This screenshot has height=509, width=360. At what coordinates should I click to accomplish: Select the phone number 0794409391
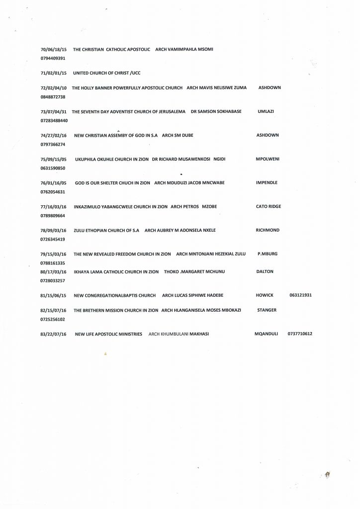[53, 59]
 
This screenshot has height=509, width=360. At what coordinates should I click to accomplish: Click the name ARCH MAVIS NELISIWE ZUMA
[216, 87]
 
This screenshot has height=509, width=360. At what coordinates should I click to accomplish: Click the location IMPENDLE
[267, 183]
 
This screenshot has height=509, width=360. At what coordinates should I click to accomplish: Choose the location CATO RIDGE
[269, 207]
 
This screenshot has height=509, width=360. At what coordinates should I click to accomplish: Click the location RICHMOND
[268, 230]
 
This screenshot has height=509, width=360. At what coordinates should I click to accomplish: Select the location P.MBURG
[268, 254]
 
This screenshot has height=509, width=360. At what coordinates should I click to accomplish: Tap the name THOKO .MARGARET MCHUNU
[189, 272]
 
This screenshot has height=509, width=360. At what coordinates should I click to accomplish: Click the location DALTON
[265, 272]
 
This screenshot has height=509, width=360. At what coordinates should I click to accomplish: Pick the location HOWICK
[265, 296]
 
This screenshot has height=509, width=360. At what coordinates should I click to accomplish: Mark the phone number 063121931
[300, 296]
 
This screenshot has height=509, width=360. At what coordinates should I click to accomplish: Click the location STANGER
[267, 310]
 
